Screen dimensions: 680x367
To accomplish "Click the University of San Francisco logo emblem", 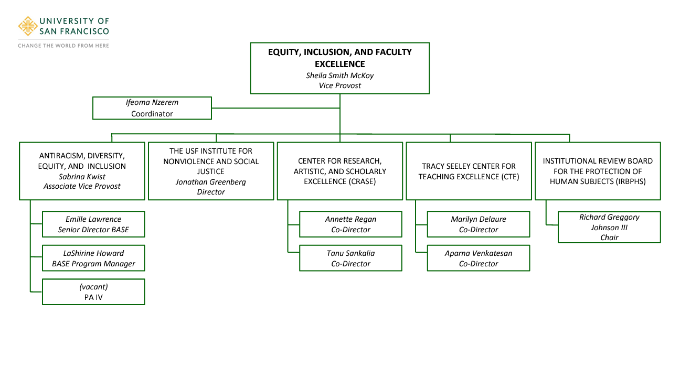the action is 28,26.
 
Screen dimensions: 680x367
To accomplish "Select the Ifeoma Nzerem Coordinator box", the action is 152,108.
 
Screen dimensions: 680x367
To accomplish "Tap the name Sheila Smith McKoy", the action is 339,75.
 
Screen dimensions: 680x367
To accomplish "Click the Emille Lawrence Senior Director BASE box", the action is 93,224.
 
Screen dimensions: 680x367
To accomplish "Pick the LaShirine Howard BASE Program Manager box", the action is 93,258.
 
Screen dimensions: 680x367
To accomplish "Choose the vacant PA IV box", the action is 93,292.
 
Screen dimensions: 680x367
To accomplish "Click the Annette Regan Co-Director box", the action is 350,224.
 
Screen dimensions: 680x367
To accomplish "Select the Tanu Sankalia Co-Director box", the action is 350,258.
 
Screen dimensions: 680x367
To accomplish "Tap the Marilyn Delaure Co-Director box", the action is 479,224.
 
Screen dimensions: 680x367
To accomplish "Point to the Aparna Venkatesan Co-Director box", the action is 479,258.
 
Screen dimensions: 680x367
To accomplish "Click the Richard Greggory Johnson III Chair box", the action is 609,227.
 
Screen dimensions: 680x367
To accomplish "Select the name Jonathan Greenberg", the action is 211,182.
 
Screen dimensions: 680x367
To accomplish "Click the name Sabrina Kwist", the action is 82,177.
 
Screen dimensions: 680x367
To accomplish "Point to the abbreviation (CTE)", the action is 509,177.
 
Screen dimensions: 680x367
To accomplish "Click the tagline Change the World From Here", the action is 63,46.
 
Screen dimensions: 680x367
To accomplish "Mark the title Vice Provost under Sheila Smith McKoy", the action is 339,85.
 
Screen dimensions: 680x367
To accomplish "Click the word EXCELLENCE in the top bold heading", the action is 339,64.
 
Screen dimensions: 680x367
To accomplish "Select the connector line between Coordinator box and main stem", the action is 275,107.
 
